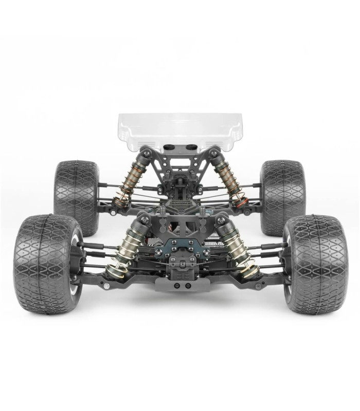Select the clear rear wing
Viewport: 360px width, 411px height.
pos(179,128)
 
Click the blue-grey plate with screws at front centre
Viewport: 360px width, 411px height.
pos(180,249)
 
